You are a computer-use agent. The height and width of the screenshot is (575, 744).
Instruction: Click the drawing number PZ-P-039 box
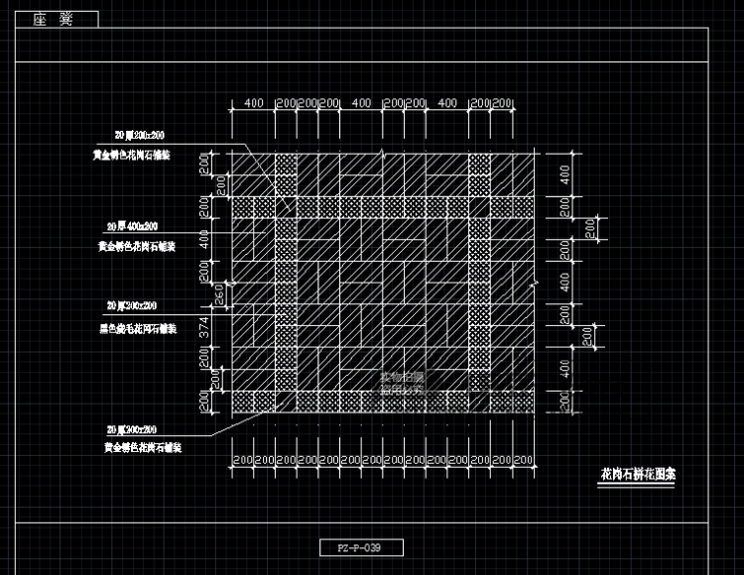(362, 547)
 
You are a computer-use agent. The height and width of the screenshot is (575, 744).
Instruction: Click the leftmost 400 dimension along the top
(253, 103)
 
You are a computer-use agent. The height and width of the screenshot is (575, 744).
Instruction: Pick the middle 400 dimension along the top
(361, 103)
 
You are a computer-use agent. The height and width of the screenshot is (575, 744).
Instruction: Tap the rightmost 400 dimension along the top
(447, 103)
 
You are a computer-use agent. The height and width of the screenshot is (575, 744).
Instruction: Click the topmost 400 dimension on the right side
(564, 174)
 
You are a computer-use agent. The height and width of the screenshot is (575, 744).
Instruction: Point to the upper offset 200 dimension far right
(589, 229)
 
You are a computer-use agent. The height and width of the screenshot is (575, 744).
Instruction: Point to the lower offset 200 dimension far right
(589, 338)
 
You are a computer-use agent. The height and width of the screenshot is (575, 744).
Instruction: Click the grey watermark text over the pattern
(402, 384)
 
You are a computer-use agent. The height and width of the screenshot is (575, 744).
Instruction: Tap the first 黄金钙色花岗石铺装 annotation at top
(140, 156)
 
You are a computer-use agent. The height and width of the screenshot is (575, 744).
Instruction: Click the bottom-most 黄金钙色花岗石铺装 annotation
(141, 449)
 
